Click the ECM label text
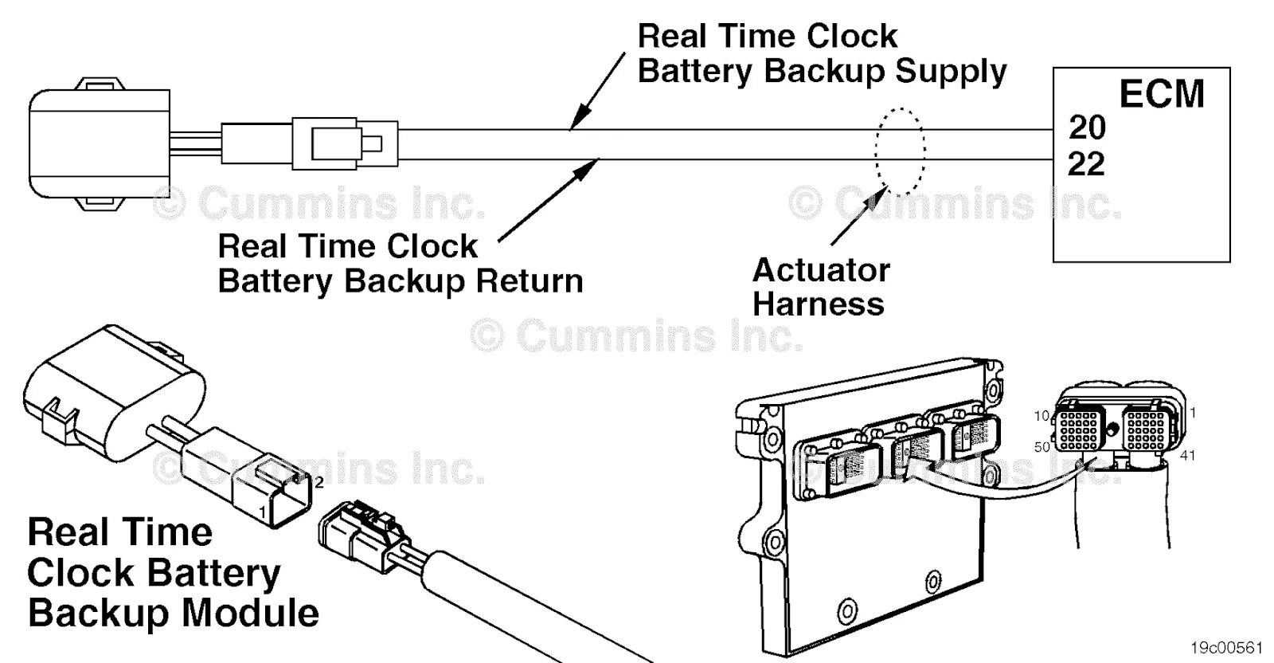click(1161, 94)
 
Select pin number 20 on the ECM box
click(1087, 127)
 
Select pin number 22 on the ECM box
click(1087, 165)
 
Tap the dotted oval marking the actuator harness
click(900, 151)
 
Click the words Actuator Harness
click(820, 287)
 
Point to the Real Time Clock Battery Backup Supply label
click(822, 53)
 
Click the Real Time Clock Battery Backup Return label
click(400, 264)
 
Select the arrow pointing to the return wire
click(549, 198)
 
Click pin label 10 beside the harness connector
click(1041, 415)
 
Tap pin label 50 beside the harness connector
click(1041, 447)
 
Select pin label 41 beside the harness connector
click(1187, 456)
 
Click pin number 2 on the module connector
click(318, 481)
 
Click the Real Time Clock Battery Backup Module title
click(173, 573)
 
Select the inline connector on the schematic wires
click(344, 143)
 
